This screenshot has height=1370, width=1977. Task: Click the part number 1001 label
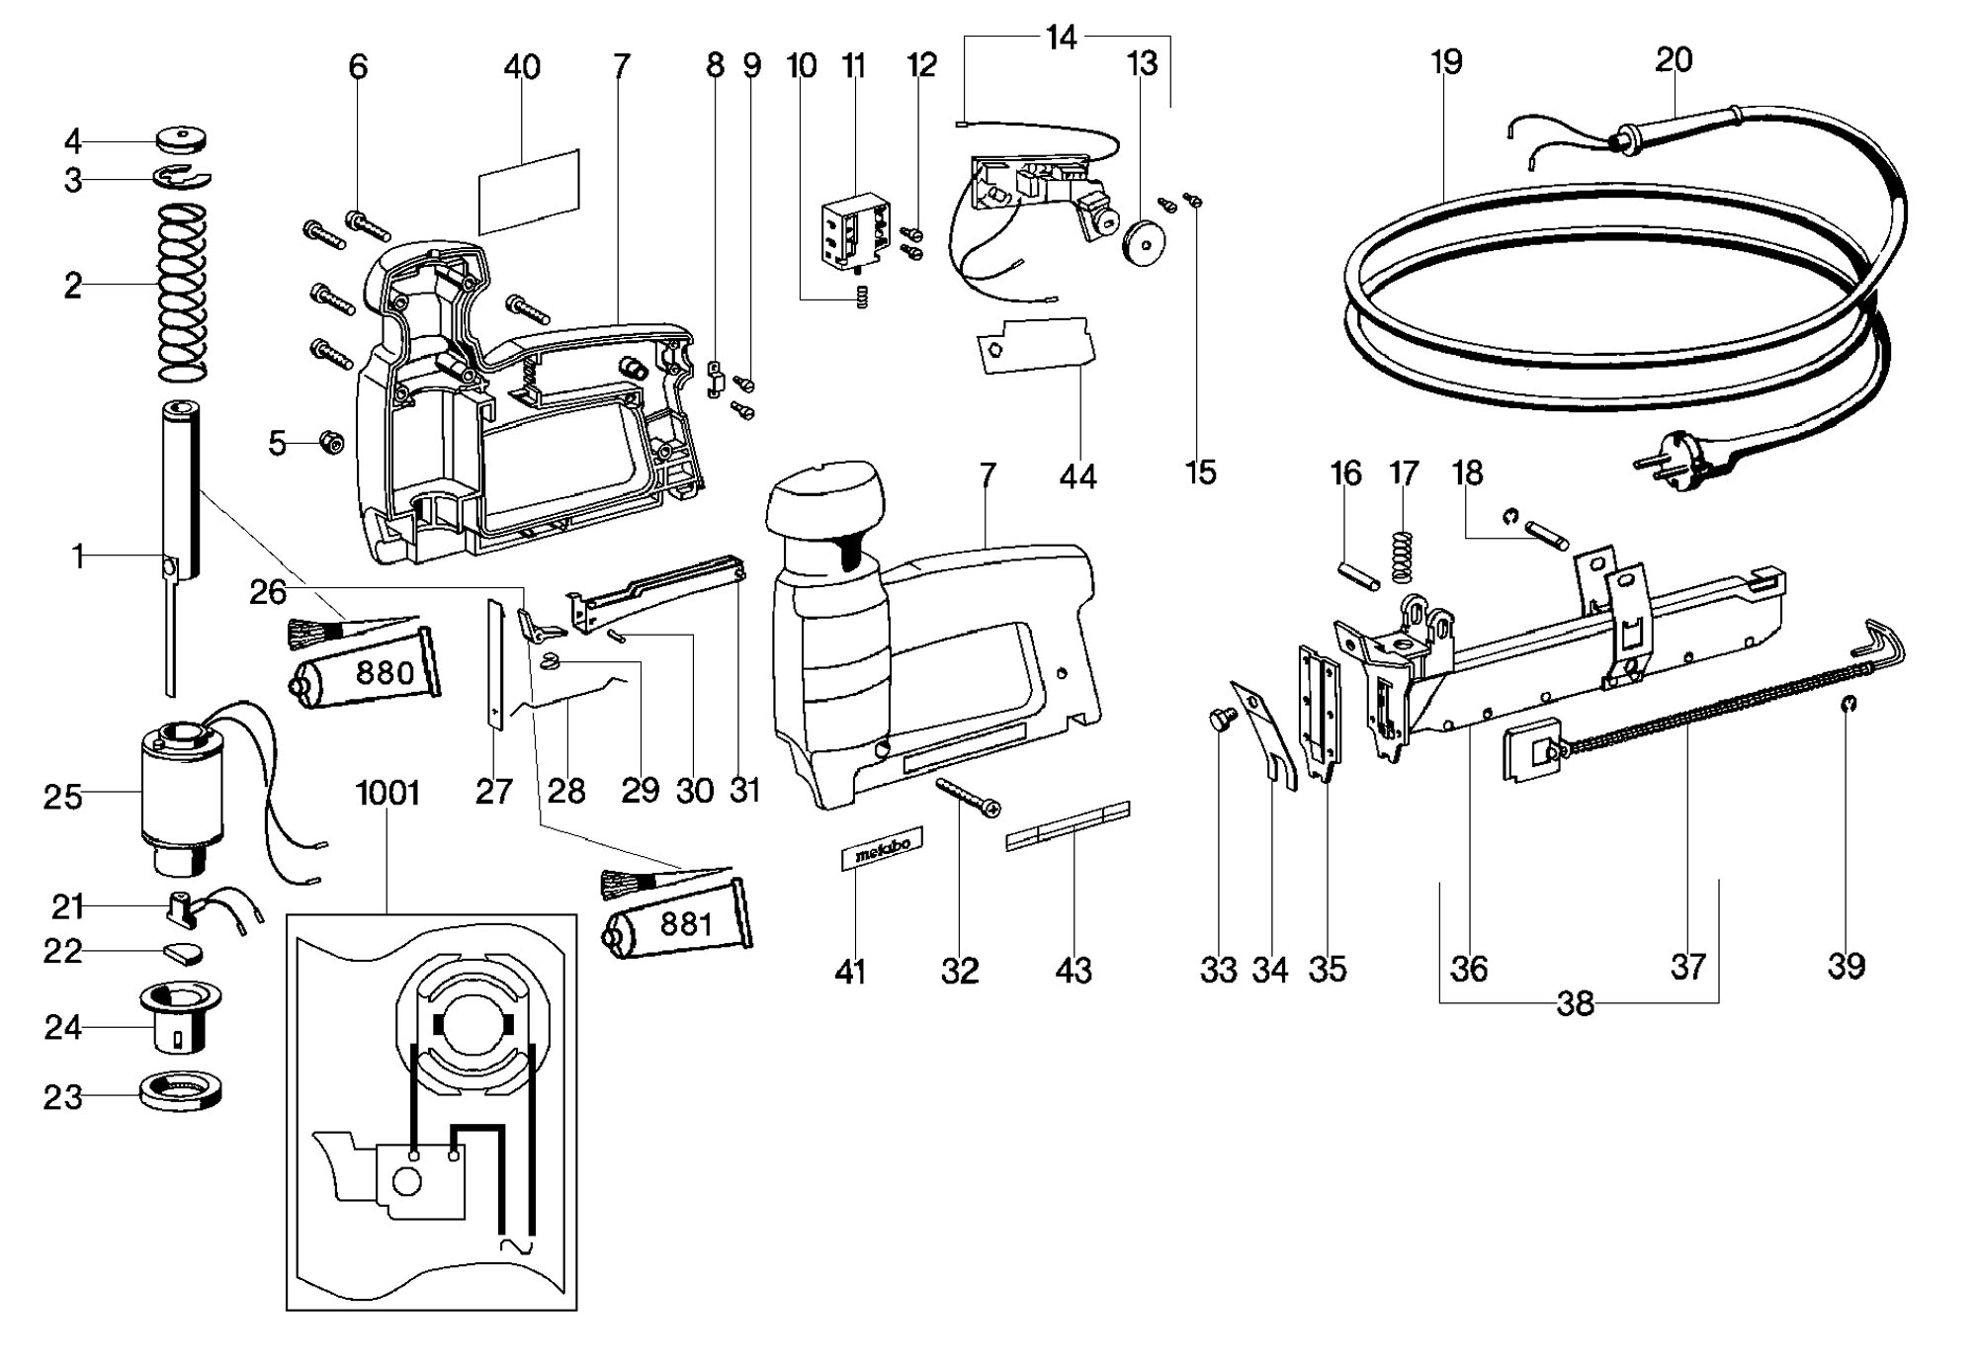point(388,793)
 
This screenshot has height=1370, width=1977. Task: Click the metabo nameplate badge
point(882,847)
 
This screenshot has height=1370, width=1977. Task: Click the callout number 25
point(62,796)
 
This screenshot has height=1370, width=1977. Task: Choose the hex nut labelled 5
point(331,443)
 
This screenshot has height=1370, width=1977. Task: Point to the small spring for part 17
point(1398,556)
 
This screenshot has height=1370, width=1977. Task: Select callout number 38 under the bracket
point(1576,1003)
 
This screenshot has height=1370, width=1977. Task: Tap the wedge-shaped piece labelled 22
point(182,952)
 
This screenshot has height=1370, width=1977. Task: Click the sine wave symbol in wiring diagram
point(517,1247)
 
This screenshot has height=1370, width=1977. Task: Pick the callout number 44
point(1077,476)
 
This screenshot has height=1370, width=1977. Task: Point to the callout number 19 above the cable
point(1445,61)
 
